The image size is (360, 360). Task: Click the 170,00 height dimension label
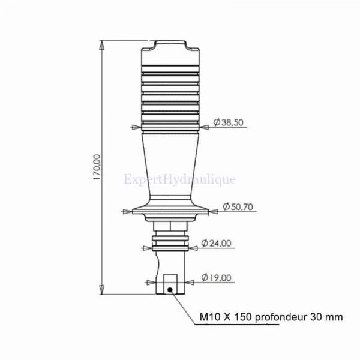click(x=97, y=167)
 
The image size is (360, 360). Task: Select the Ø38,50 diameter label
click(x=228, y=122)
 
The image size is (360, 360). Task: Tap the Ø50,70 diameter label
click(x=238, y=206)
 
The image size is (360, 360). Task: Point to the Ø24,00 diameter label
click(x=216, y=243)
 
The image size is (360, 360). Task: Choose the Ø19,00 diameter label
click(x=216, y=278)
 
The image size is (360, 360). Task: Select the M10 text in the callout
click(x=208, y=317)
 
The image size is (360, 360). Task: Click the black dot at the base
click(x=170, y=290)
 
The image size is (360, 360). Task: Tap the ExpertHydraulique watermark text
click(x=180, y=179)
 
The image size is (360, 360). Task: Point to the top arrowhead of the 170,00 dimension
click(x=102, y=46)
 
